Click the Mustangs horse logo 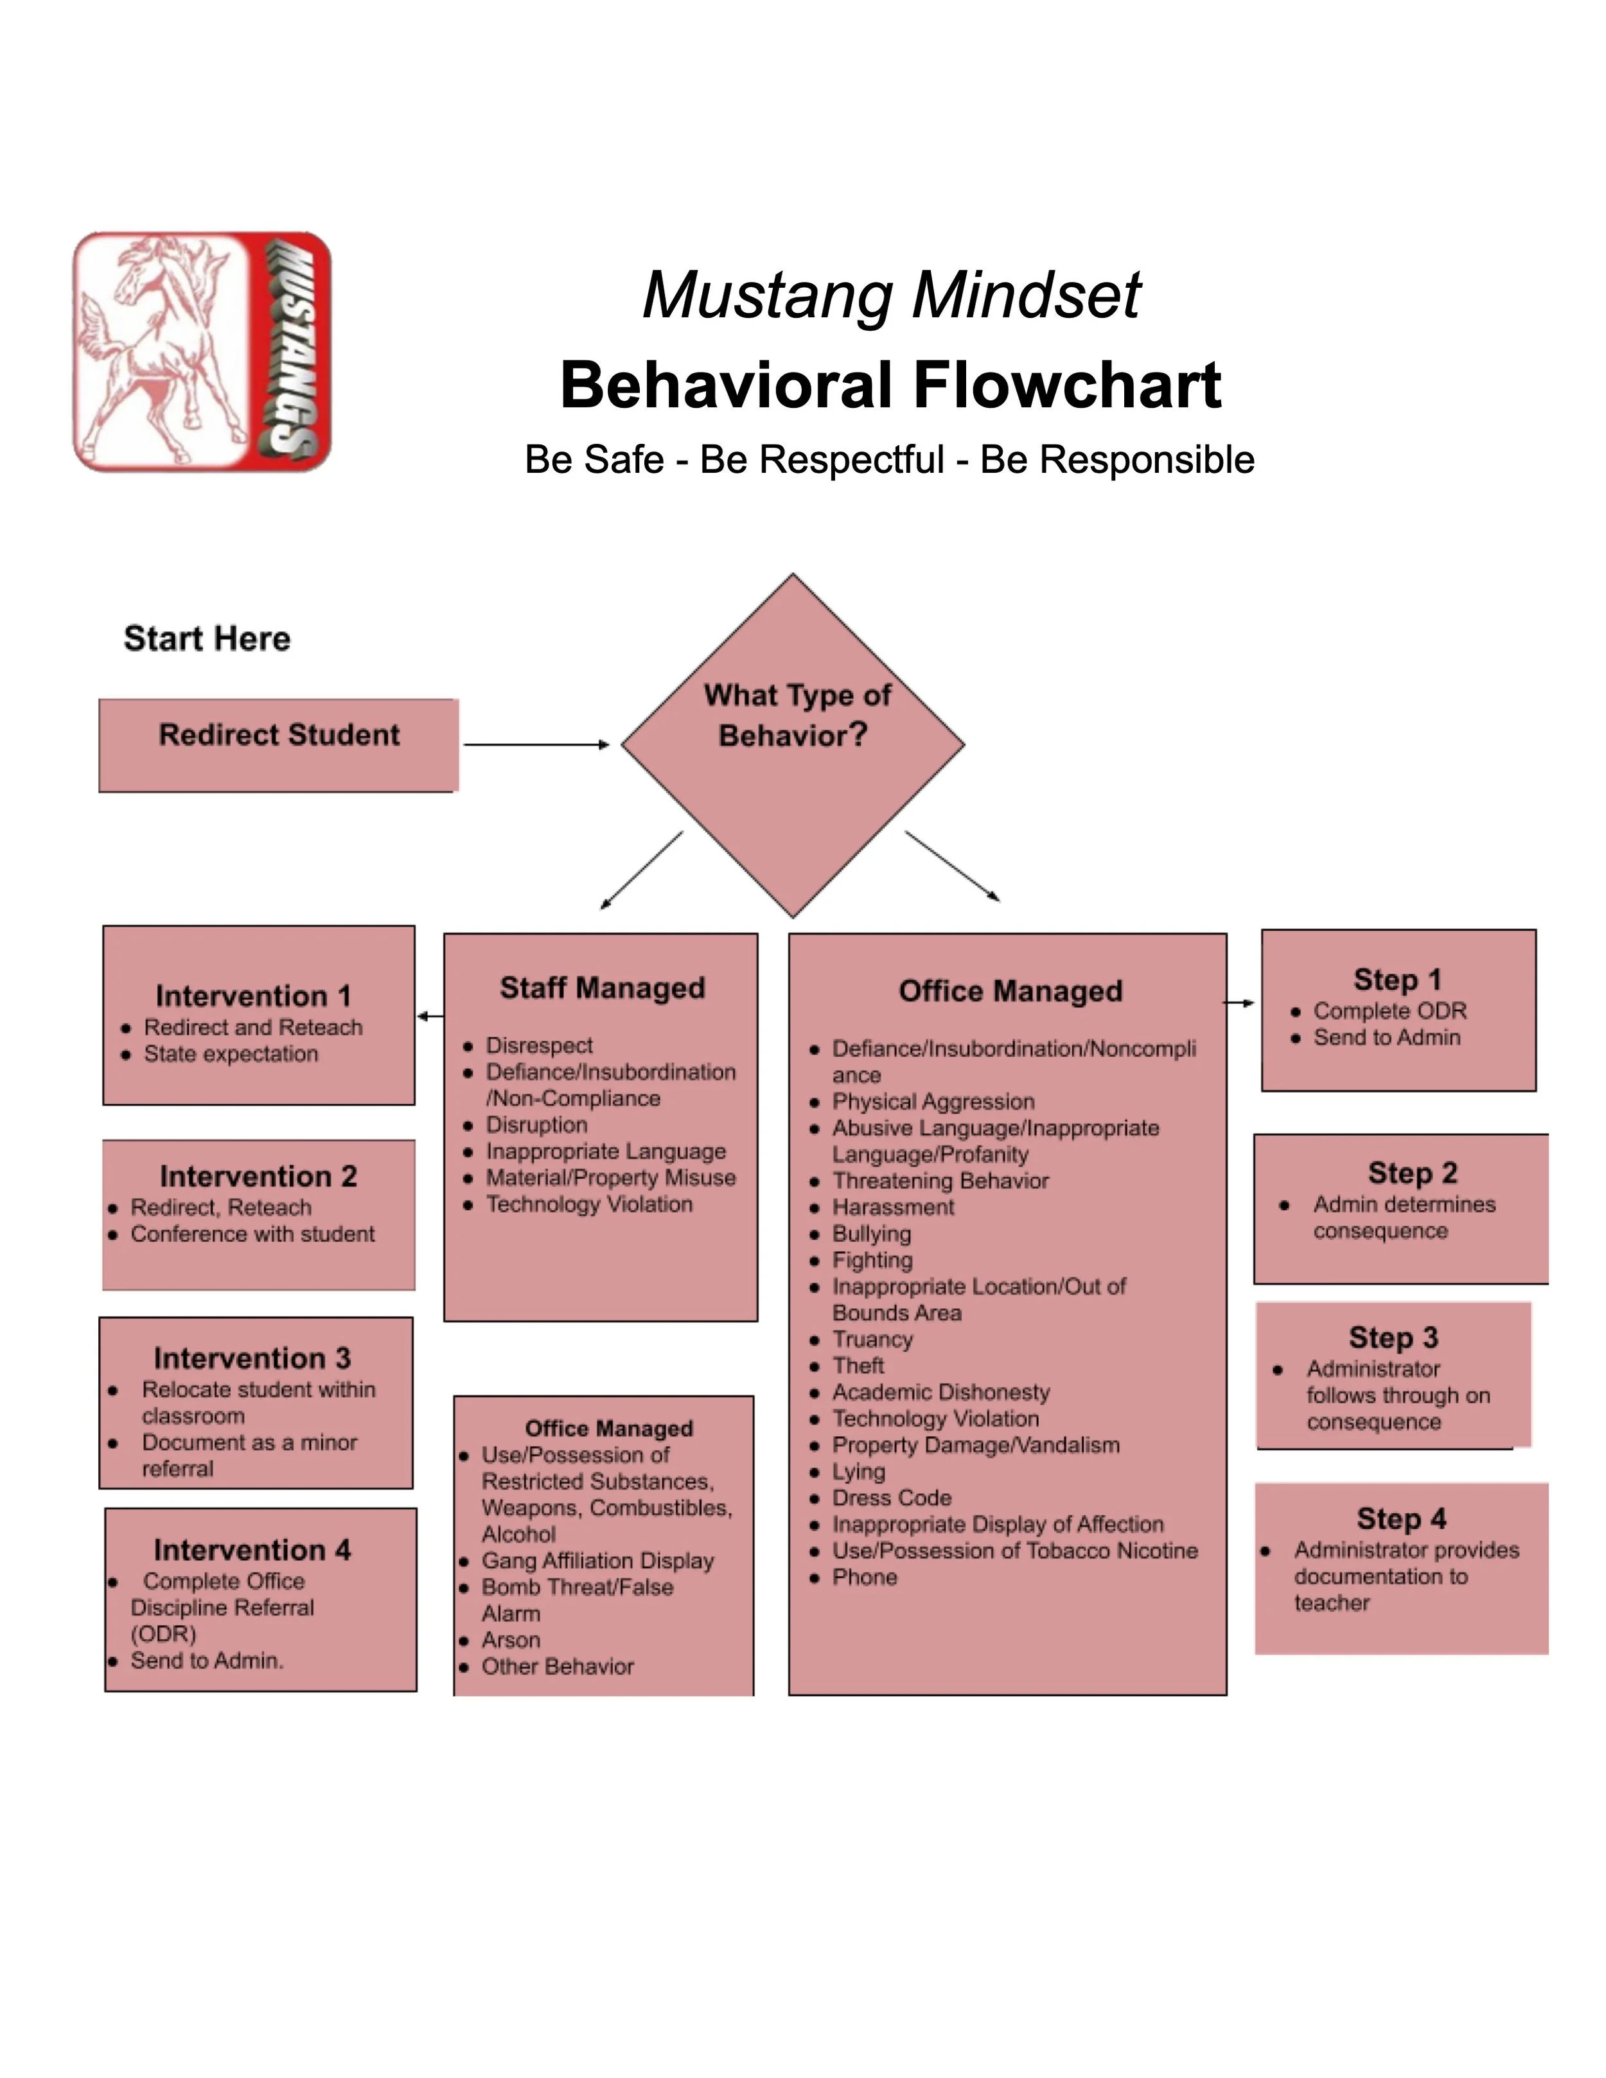tap(202, 351)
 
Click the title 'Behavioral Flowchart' tap(890, 385)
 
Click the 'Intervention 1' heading tap(253, 995)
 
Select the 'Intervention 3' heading tap(252, 1358)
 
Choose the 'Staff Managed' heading tap(603, 988)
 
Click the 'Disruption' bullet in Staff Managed tap(536, 1125)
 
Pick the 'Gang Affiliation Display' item tap(597, 1560)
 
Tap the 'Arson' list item tap(511, 1639)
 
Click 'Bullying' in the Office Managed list tap(872, 1234)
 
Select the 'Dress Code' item tap(892, 1497)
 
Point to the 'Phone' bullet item tap(865, 1576)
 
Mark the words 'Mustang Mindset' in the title tap(890, 295)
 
